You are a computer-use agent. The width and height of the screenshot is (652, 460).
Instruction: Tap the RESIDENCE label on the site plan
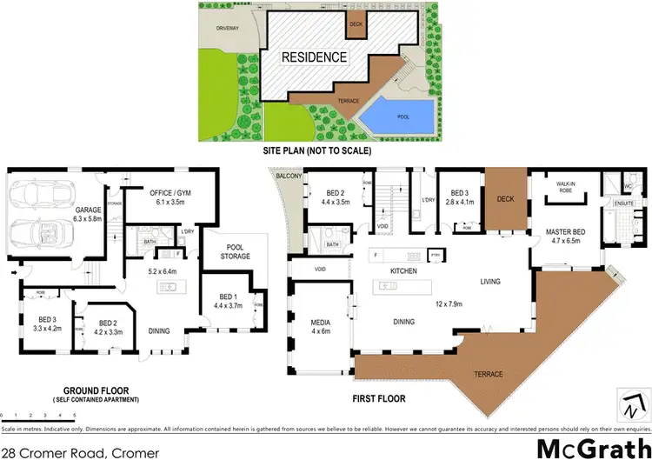[x=315, y=57]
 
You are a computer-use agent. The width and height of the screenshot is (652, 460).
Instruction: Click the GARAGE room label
[x=87, y=209]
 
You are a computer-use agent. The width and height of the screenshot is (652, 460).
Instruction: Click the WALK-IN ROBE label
[x=571, y=184]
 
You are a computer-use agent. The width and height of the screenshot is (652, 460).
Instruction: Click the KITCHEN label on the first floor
[x=404, y=271]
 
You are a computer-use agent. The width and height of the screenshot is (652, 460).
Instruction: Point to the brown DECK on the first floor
[x=506, y=197]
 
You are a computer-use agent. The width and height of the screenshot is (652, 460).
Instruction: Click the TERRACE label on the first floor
[x=487, y=375]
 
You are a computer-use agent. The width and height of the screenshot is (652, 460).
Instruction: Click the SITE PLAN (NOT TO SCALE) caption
[x=316, y=151]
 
